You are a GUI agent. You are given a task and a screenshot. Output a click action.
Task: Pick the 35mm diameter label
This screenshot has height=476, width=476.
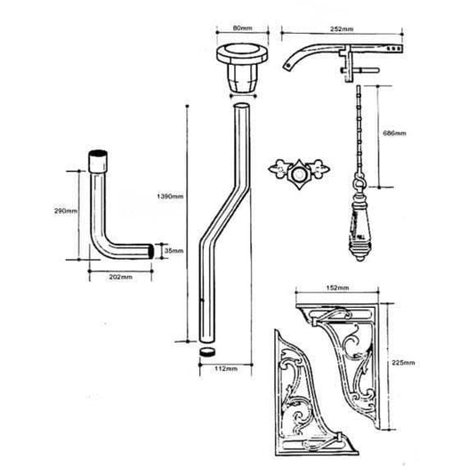(x=174, y=252)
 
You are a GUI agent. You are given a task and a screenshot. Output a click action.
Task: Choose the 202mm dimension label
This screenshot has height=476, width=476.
(x=120, y=277)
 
